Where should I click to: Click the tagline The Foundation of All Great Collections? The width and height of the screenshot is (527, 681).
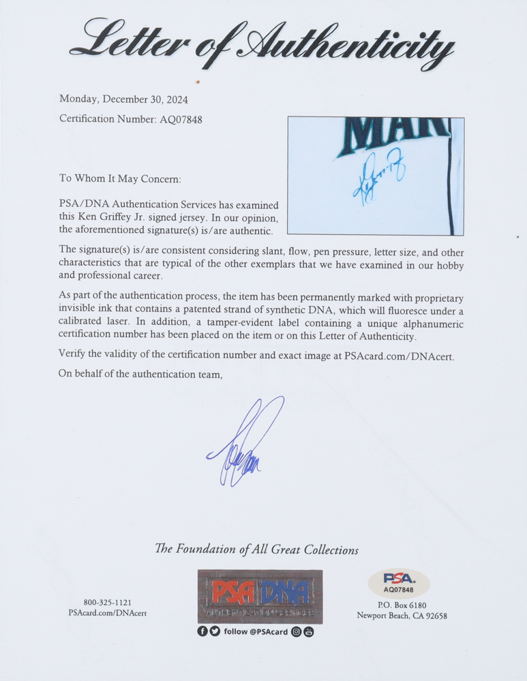[x=256, y=550]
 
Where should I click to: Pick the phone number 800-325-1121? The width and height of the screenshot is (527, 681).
[x=107, y=603]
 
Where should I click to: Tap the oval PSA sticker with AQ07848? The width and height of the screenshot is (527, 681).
[x=398, y=584]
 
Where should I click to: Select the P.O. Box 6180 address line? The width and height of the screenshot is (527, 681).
[x=402, y=605]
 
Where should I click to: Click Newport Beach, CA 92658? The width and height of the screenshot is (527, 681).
[x=402, y=616]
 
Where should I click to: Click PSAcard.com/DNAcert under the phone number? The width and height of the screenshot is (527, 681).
[x=107, y=614]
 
